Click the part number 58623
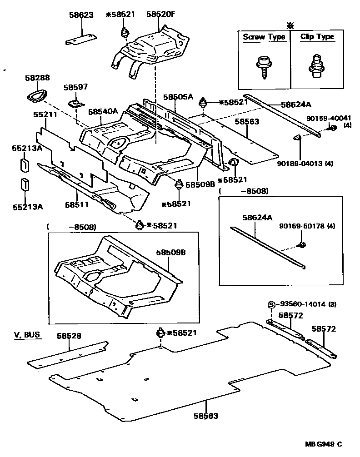(81, 15)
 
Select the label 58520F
(160, 15)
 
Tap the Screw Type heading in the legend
(264, 37)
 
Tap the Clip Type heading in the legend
(317, 37)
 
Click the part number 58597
(75, 87)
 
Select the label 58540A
(103, 111)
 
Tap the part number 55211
(45, 115)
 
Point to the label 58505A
(178, 97)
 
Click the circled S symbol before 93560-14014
(271, 304)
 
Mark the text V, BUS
(26, 335)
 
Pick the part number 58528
(69, 336)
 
